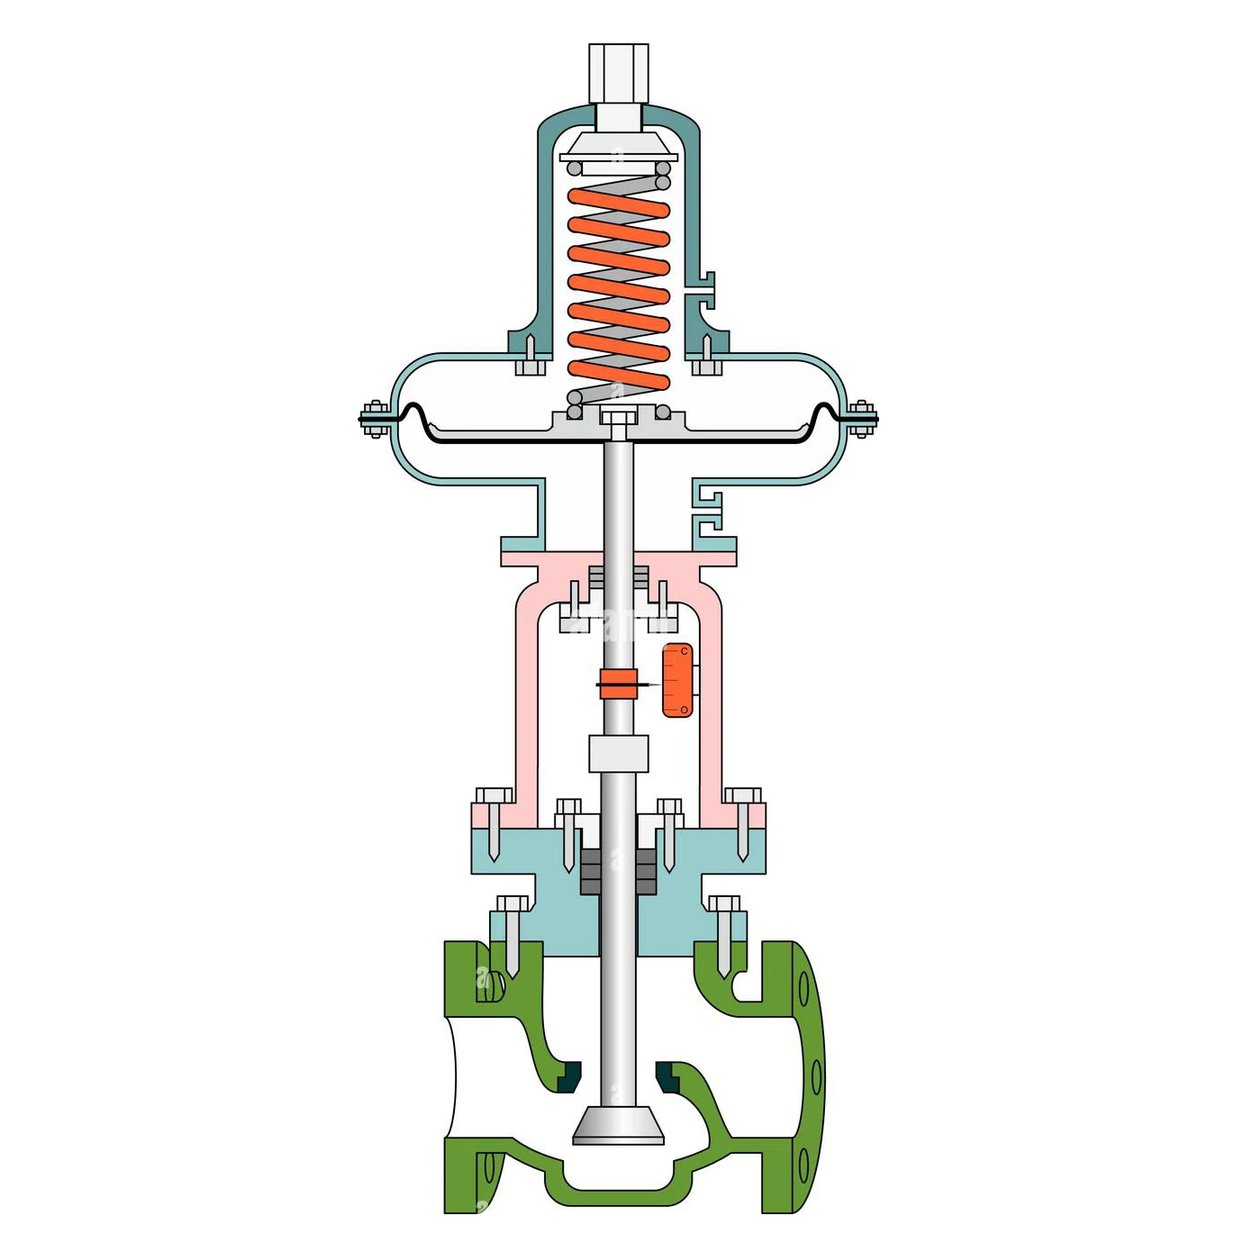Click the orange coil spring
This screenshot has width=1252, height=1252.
[x=618, y=288]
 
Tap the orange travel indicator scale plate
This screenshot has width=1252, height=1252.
[x=677, y=681]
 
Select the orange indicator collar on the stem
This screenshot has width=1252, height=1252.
[x=618, y=684]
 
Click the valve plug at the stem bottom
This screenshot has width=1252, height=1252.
[x=618, y=1125]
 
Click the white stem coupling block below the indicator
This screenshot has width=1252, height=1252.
[x=618, y=753]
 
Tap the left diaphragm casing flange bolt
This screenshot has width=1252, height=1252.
[x=375, y=419]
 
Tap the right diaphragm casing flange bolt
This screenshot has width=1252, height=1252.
[x=861, y=419]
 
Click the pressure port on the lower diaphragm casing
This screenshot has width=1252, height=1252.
[x=711, y=509]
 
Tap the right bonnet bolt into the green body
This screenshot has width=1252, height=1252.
[x=724, y=932]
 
